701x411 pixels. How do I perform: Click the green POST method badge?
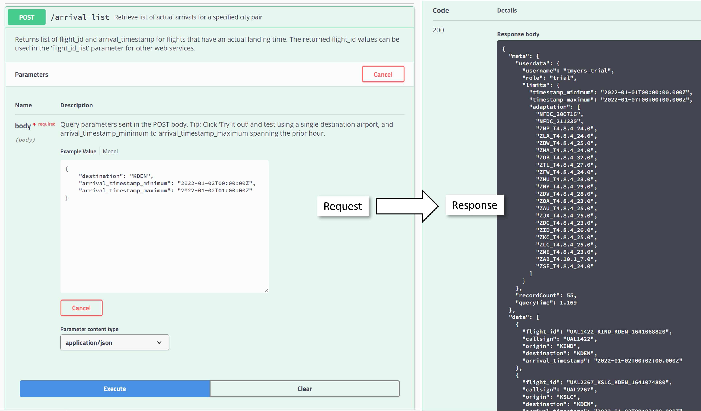[x=26, y=17]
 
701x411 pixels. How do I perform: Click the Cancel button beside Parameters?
[x=383, y=74]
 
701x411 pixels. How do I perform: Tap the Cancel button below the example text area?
[x=82, y=308]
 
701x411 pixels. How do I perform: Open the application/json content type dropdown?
[x=115, y=343]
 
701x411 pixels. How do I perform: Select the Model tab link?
[x=110, y=151]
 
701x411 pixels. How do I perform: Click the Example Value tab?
[x=78, y=151]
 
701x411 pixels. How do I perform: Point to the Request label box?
[x=343, y=206]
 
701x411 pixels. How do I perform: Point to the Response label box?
[x=475, y=205]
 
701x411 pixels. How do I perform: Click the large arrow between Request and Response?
[x=407, y=206]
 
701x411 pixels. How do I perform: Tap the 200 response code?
[x=438, y=30]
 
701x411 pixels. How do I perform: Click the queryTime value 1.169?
[x=568, y=303]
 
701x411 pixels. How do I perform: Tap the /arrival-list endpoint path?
[x=80, y=17]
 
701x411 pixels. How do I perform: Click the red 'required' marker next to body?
[x=47, y=124]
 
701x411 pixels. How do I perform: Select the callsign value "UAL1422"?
[x=579, y=339]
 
